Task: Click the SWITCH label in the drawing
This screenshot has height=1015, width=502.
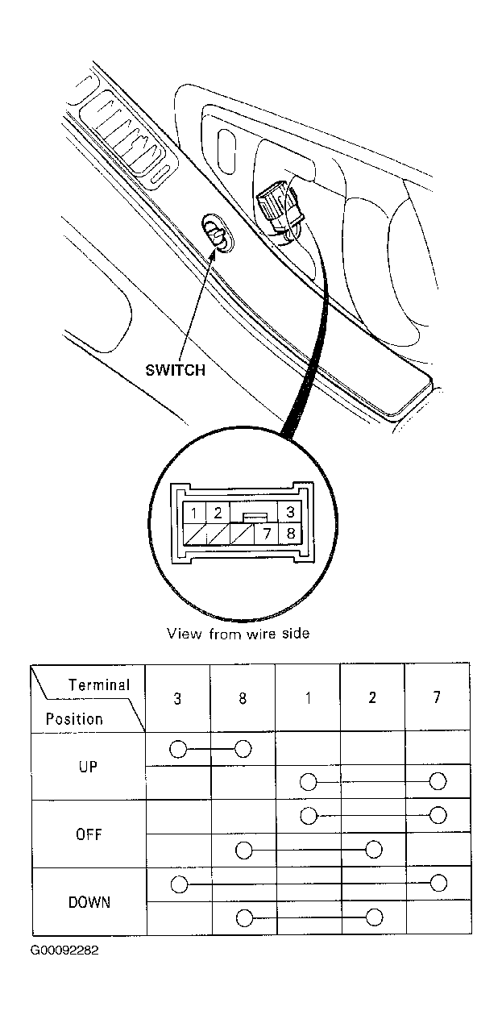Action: (175, 370)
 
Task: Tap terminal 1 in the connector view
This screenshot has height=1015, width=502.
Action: (194, 513)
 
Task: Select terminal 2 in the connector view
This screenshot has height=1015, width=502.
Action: (218, 513)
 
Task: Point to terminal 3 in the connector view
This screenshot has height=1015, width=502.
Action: (290, 512)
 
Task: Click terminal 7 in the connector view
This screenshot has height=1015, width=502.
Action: (267, 534)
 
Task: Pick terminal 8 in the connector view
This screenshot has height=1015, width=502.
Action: (290, 534)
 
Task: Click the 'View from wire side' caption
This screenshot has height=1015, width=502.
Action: (239, 633)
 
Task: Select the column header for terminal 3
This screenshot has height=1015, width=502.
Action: (177, 698)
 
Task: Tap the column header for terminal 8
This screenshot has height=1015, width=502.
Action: (243, 698)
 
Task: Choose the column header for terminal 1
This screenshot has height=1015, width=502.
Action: (308, 698)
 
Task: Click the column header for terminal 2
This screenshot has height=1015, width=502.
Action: (372, 697)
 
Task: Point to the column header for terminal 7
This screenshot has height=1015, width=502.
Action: (437, 697)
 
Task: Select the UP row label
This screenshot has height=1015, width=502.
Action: (88, 767)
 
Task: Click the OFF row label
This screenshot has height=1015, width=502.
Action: (89, 834)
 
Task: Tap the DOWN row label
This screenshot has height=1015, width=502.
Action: (89, 902)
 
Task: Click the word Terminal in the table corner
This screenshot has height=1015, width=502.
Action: (99, 684)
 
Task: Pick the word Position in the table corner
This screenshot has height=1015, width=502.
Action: (74, 719)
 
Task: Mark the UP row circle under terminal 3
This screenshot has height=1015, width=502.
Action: (178, 749)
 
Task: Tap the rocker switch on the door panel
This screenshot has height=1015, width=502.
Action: (217, 232)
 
